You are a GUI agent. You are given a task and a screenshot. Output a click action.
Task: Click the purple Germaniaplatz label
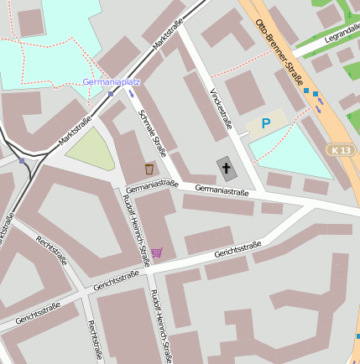pos(111,82)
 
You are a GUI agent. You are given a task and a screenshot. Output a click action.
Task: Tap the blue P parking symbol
pos(266,124)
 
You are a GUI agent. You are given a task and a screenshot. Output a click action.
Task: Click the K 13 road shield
pos(337,148)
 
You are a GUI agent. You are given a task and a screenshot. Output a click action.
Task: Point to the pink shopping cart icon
pos(156,252)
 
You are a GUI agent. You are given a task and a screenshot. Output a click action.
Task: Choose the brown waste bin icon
pos(149,169)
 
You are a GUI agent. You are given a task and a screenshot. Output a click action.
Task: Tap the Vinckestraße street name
pos(221,107)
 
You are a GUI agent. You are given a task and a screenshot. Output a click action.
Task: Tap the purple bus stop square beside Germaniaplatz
pos(111,94)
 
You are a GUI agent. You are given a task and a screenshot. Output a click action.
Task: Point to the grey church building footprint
pos(227,169)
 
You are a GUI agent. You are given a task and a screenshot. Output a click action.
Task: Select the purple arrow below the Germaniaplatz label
pos(131,92)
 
